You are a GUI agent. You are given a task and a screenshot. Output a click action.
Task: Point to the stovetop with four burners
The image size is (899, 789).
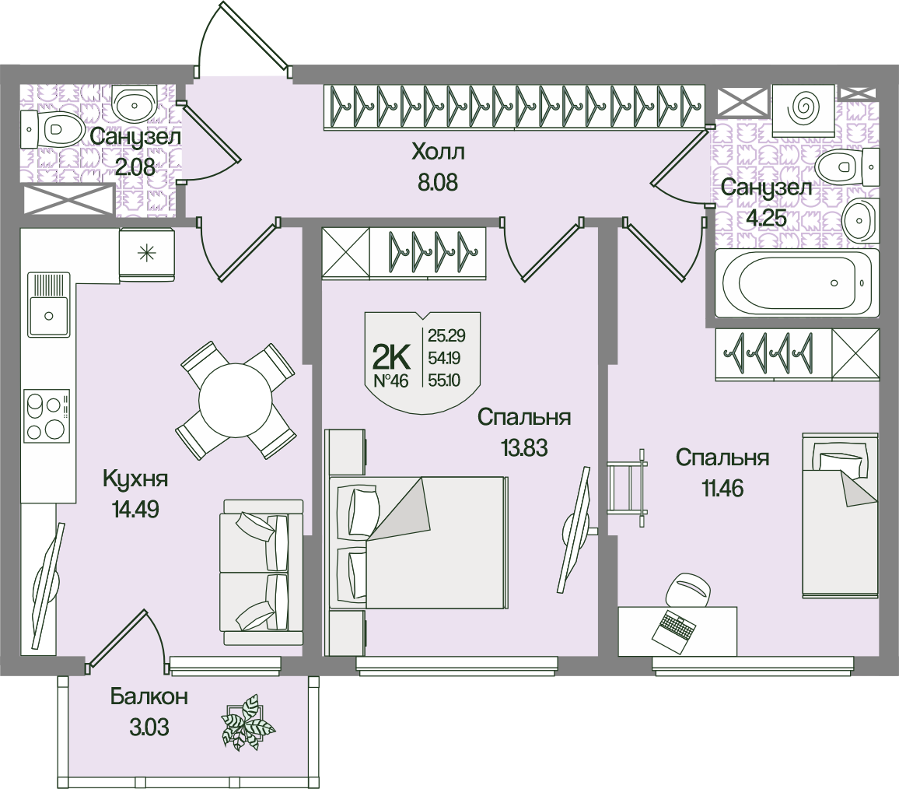(x=47, y=416)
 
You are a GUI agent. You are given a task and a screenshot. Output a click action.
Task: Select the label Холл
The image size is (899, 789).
(x=437, y=150)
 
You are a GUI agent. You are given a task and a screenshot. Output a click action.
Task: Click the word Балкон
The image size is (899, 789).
(x=149, y=696)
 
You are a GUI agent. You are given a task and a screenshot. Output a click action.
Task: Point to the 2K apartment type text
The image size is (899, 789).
(x=391, y=357)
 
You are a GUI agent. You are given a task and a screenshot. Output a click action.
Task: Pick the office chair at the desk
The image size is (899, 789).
(x=689, y=588)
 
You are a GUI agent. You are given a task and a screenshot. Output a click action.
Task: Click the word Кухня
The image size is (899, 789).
(x=136, y=479)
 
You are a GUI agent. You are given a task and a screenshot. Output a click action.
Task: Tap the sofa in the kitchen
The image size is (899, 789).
(x=261, y=572)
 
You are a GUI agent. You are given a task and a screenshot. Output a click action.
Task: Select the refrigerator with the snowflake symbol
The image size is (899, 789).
(x=146, y=253)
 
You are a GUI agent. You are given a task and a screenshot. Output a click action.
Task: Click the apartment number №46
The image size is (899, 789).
(x=392, y=381)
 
